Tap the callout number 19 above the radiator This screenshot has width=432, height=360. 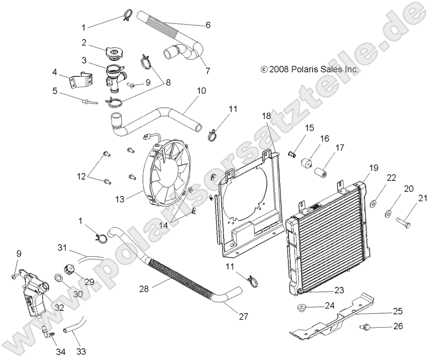373,168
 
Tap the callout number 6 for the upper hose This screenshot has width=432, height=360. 208,25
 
